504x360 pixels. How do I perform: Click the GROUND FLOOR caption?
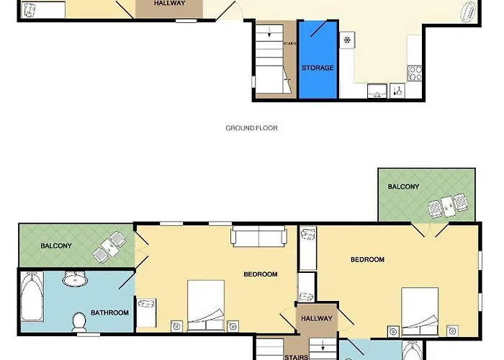click(251, 128)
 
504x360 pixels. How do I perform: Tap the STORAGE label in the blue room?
click(318, 68)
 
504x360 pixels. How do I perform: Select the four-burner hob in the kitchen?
click(415, 73)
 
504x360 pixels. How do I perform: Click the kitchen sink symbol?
click(377, 91)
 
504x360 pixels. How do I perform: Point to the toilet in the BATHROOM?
click(78, 322)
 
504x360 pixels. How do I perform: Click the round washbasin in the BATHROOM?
click(75, 279)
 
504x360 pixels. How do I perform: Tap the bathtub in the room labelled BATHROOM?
click(32, 297)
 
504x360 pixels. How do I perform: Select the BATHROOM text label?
click(109, 312)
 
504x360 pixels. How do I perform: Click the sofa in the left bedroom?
click(258, 236)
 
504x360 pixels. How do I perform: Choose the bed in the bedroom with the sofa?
click(206, 305)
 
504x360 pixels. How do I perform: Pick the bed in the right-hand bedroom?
click(420, 312)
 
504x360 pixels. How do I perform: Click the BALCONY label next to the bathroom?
click(56, 246)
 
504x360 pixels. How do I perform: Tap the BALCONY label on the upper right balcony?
click(403, 186)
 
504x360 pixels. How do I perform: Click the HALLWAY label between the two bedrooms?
click(317, 318)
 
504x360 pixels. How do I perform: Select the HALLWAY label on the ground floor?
click(169, 3)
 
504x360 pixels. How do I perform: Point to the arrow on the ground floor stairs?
click(269, 31)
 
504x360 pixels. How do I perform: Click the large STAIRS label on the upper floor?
click(297, 357)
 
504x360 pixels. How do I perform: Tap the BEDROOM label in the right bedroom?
click(367, 260)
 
